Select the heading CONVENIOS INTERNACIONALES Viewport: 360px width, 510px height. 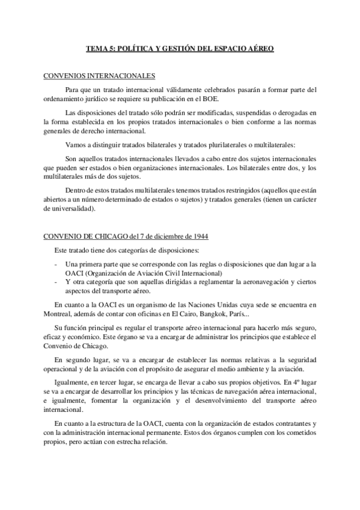[100, 76]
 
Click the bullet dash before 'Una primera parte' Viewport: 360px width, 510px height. [55, 264]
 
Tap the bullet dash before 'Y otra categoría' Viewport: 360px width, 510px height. [55, 282]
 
